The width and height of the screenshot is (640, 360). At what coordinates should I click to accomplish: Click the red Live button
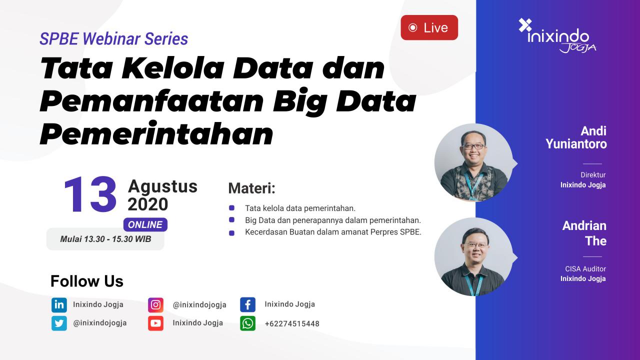429,27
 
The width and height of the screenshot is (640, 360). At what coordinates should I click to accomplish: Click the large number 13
90,195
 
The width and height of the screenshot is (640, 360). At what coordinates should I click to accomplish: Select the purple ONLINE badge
145,224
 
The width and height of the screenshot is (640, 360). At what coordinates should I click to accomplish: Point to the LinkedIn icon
59,304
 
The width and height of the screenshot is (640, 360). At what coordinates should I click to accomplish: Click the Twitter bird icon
59,323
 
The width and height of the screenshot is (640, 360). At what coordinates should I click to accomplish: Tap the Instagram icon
155,304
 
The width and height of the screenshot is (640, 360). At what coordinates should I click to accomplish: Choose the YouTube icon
155,323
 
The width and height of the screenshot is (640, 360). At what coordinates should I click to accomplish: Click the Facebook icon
247,304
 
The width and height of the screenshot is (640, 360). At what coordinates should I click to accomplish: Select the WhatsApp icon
247,323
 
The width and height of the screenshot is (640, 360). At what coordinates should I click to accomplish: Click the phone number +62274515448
292,323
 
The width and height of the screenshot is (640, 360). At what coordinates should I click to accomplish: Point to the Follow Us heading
87,281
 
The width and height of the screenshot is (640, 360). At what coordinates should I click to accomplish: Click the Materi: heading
252,188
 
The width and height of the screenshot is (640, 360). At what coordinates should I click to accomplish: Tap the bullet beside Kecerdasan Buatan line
231,233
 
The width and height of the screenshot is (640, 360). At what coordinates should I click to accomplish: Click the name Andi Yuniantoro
576,137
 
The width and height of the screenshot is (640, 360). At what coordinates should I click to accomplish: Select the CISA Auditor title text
585,269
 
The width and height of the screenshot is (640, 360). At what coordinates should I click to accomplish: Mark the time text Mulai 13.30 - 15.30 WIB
105,239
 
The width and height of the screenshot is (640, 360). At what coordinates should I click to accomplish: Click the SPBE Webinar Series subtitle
114,38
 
